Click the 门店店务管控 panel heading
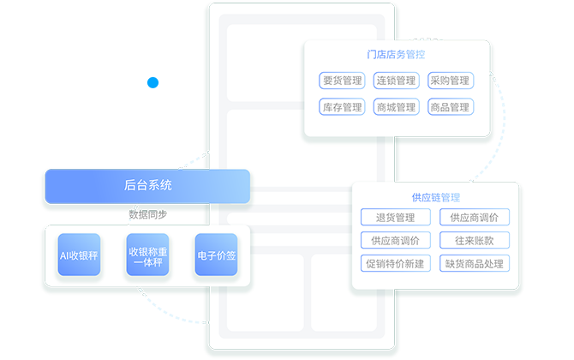[396, 54]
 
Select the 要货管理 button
[341, 81]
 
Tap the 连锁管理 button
[396, 81]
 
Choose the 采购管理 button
[450, 81]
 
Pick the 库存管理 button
[341, 107]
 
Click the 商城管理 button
[396, 107]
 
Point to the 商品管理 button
[450, 107]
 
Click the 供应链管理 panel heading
[435, 197]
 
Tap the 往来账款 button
[474, 240]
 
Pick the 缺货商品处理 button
[474, 263]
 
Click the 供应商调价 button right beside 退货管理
[474, 218]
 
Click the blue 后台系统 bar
[147, 186]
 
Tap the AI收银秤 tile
[79, 255]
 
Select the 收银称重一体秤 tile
[147, 255]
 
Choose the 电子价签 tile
[216, 255]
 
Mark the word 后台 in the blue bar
[135, 186]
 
